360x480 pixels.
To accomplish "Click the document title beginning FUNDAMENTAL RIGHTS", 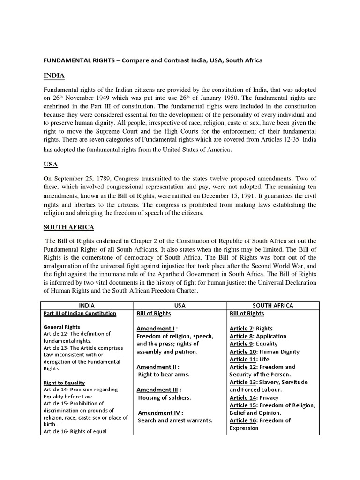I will (x=153, y=60).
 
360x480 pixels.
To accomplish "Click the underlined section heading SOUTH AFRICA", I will (x=69, y=227).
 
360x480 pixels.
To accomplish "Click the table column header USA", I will (x=180, y=305).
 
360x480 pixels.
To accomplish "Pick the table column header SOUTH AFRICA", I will (x=272, y=305).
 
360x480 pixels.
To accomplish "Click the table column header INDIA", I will (x=87, y=305).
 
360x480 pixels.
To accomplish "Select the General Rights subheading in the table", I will (x=61, y=327).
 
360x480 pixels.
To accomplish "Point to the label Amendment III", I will (x=158, y=390).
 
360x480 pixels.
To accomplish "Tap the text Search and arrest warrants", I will (x=175, y=420).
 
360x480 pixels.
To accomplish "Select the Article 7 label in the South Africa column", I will (x=241, y=328).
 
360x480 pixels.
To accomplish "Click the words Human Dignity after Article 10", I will (x=279, y=352).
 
